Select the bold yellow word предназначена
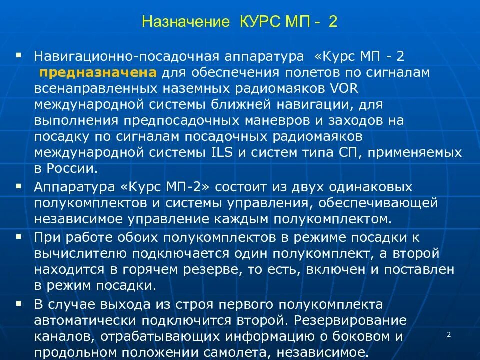coord(99,73)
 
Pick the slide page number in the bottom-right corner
coord(448,334)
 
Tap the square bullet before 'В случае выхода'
coord(19,303)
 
